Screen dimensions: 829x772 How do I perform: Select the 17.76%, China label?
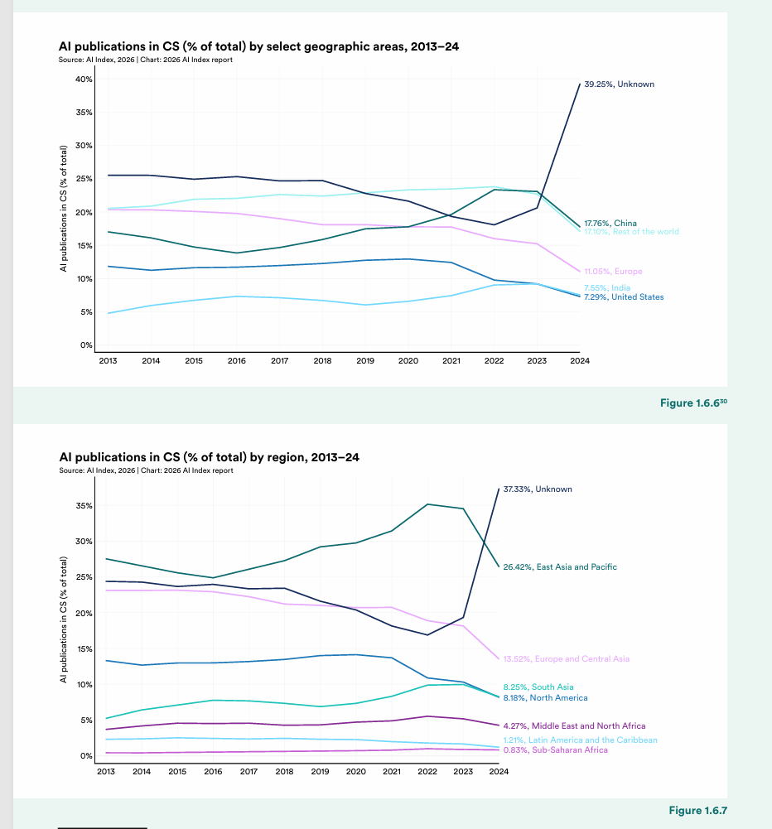coord(610,224)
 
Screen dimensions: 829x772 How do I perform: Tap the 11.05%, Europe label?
coord(613,272)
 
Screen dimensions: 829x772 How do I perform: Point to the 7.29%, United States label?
coord(624,297)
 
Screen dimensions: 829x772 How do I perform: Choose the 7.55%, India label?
coord(607,288)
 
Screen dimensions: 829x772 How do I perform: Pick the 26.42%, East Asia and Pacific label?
coord(560,567)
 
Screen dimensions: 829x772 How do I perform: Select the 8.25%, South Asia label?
coord(538,687)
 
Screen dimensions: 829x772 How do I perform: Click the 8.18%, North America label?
coord(545,698)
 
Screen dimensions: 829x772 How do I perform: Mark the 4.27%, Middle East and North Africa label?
coord(574,726)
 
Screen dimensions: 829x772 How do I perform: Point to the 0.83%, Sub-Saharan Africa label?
coord(555,750)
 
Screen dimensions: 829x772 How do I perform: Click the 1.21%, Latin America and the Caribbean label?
coord(581,740)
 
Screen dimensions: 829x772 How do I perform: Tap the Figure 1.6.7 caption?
coord(697,810)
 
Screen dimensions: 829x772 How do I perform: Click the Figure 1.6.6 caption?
coord(692,403)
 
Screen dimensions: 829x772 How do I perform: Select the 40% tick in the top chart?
coord(83,80)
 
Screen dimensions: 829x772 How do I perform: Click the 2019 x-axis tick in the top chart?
coord(364,361)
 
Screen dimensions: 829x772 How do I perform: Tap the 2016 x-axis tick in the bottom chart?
coord(213,771)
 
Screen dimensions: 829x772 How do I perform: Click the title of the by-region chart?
coord(209,458)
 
